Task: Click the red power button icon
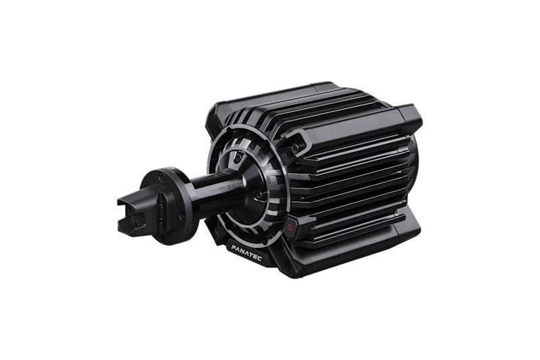point(290,227)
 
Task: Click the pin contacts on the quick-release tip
point(134,218)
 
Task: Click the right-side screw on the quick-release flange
point(182,215)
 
